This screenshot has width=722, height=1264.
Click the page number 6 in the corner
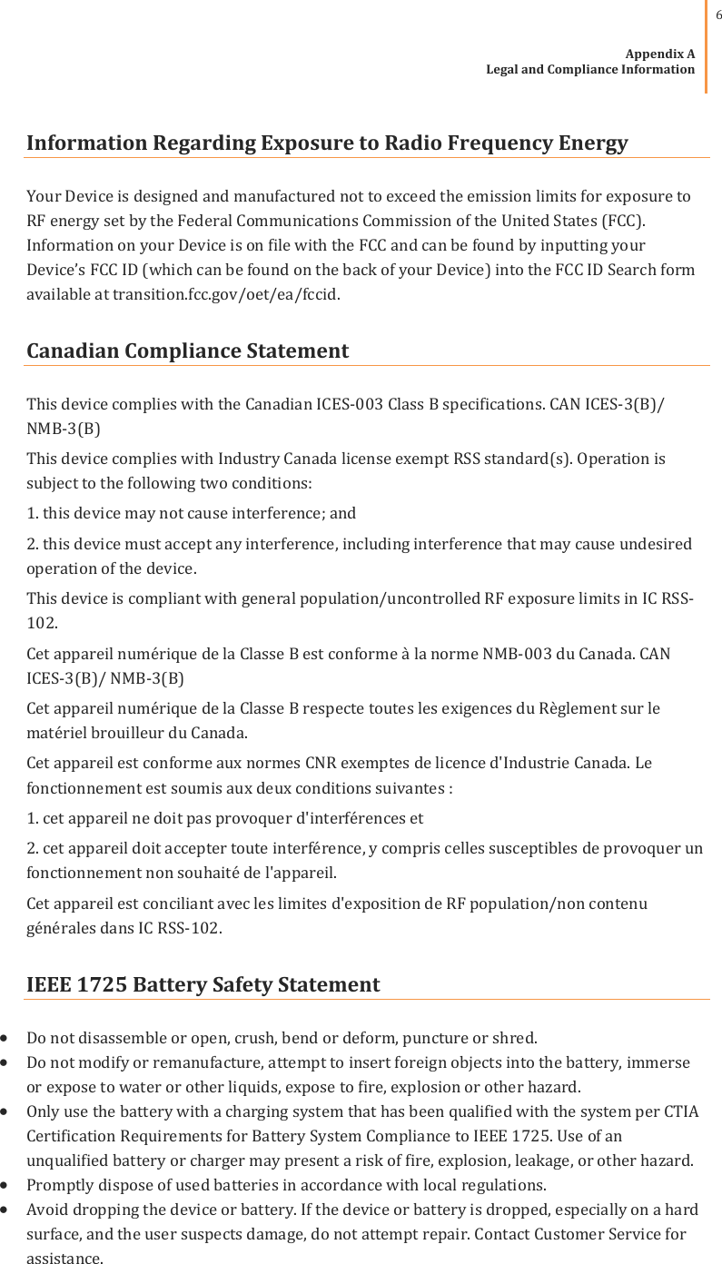[x=716, y=16]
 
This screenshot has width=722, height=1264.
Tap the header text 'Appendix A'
[x=660, y=54]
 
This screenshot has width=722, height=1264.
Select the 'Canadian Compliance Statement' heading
[x=187, y=351]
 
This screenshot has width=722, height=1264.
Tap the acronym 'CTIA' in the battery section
[x=680, y=1111]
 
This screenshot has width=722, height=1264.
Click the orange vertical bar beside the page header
[x=707, y=45]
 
